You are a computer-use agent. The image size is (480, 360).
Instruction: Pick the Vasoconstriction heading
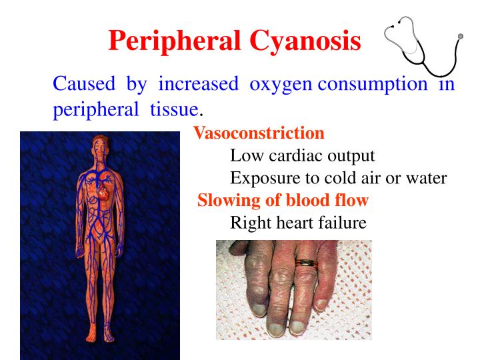(x=259, y=133)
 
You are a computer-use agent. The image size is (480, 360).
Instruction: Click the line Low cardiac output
(x=303, y=156)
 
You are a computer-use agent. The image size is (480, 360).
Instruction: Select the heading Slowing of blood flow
(x=283, y=201)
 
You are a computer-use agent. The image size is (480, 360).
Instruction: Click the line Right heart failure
(x=298, y=223)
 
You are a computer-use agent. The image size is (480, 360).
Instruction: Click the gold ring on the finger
(x=307, y=262)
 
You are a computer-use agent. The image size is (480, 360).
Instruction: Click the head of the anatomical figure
(x=99, y=145)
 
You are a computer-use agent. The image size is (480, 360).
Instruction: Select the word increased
(x=198, y=84)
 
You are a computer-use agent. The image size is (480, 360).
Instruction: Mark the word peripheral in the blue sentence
(x=91, y=109)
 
